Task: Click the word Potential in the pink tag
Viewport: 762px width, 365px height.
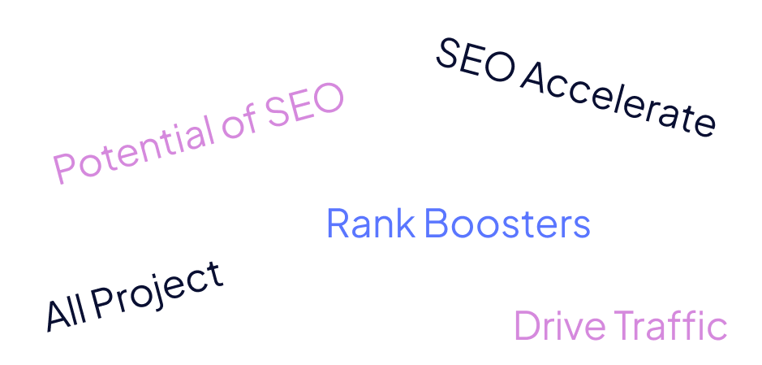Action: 131,148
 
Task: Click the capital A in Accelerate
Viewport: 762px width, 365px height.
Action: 532,77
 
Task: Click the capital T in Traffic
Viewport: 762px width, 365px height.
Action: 626,326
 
